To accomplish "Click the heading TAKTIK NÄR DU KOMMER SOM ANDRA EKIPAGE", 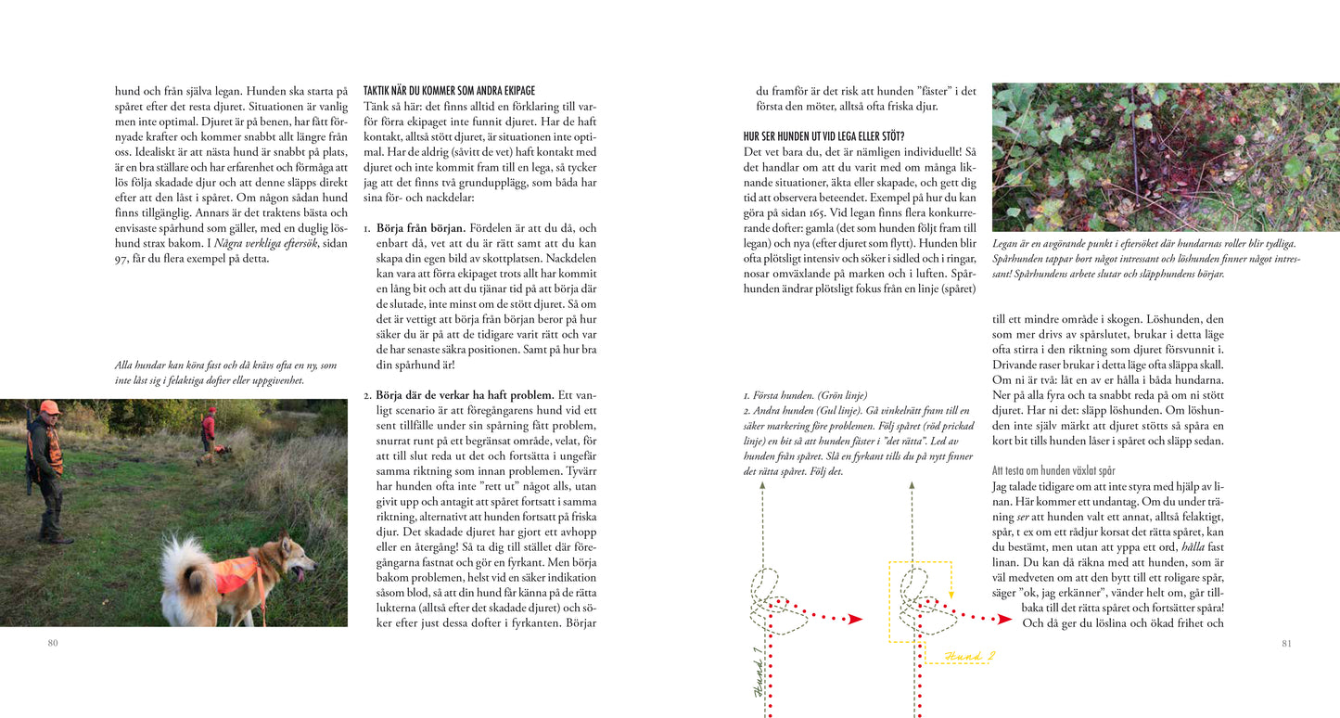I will pyautogui.click(x=449, y=91).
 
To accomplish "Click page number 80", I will pyautogui.click(x=53, y=642).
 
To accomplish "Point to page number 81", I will pyautogui.click(x=1285, y=642).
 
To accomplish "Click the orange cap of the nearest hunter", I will pyautogui.click(x=50, y=407).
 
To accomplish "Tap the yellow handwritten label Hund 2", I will pyautogui.click(x=969, y=656).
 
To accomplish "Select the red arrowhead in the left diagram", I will pyautogui.click(x=855, y=619).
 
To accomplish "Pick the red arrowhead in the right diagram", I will pyautogui.click(x=1004, y=619).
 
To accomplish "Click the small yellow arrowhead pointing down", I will pyautogui.click(x=951, y=598).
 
